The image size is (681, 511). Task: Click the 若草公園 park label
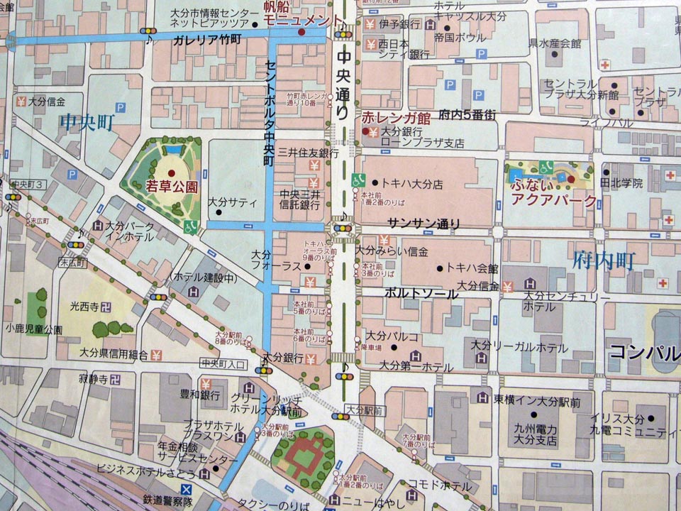click(172, 187)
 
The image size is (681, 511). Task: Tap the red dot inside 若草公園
click(171, 173)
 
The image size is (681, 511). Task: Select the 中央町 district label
click(87, 121)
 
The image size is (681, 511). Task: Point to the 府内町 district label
click(604, 260)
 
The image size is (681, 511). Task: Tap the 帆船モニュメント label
click(297, 14)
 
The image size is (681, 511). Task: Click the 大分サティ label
click(233, 202)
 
